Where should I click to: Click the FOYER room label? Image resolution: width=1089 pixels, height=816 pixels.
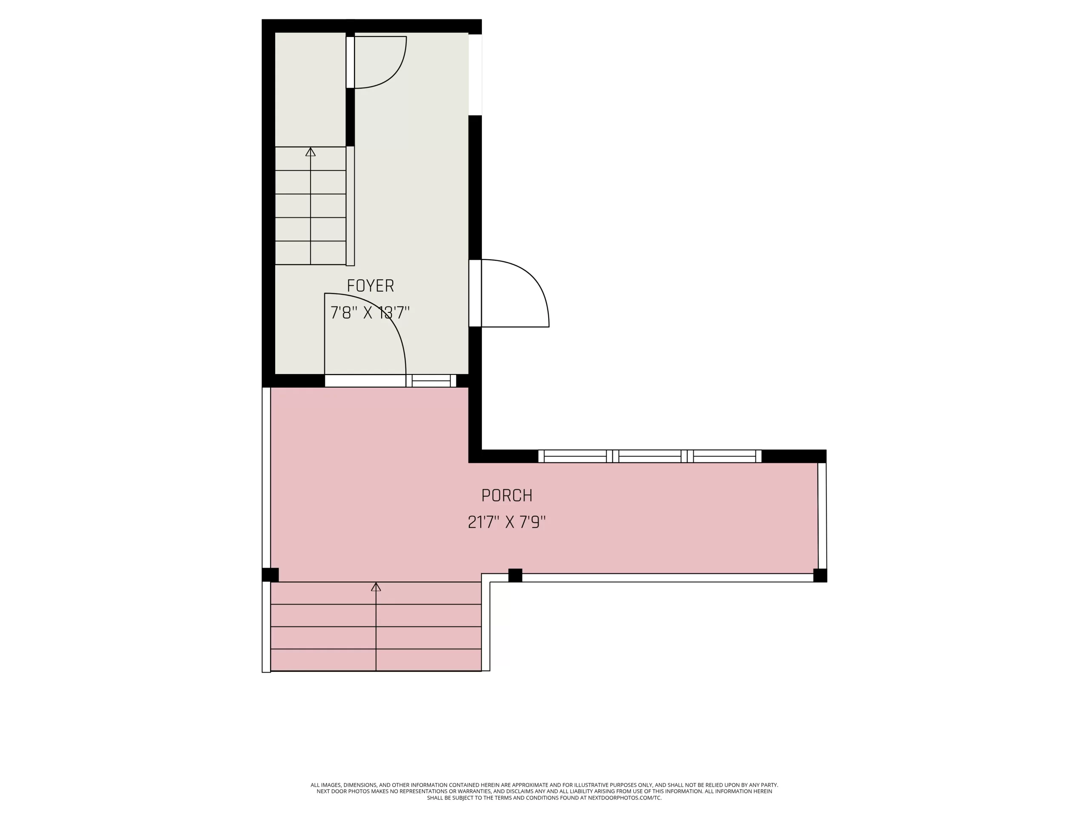pyautogui.click(x=370, y=286)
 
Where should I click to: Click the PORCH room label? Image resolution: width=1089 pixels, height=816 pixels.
pyautogui.click(x=507, y=495)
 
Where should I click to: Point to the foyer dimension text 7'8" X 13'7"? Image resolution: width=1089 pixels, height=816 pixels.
pyautogui.click(x=370, y=312)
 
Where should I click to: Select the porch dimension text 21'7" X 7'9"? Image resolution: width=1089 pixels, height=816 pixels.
pyautogui.click(x=507, y=522)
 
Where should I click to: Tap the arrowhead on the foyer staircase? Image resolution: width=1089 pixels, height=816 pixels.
pyautogui.click(x=310, y=152)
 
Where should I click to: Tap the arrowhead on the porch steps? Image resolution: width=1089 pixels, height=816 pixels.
pyautogui.click(x=376, y=587)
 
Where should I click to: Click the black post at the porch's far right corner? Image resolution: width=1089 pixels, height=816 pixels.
pyautogui.click(x=820, y=575)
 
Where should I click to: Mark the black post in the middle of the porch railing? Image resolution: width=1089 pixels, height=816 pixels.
pyautogui.click(x=515, y=575)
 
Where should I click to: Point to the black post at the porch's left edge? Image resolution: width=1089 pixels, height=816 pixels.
pyautogui.click(x=270, y=575)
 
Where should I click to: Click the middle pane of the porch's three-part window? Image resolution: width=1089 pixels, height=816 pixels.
pyautogui.click(x=650, y=456)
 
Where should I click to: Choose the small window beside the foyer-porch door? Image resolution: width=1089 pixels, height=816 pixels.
pyautogui.click(x=431, y=381)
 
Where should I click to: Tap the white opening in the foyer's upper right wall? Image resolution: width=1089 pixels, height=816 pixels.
pyautogui.click(x=475, y=75)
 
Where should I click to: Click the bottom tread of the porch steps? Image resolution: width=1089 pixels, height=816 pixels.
pyautogui.click(x=376, y=660)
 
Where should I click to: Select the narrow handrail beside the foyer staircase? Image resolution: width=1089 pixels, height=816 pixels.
pyautogui.click(x=350, y=206)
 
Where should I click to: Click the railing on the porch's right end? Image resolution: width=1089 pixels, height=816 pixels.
pyautogui.click(x=822, y=516)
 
